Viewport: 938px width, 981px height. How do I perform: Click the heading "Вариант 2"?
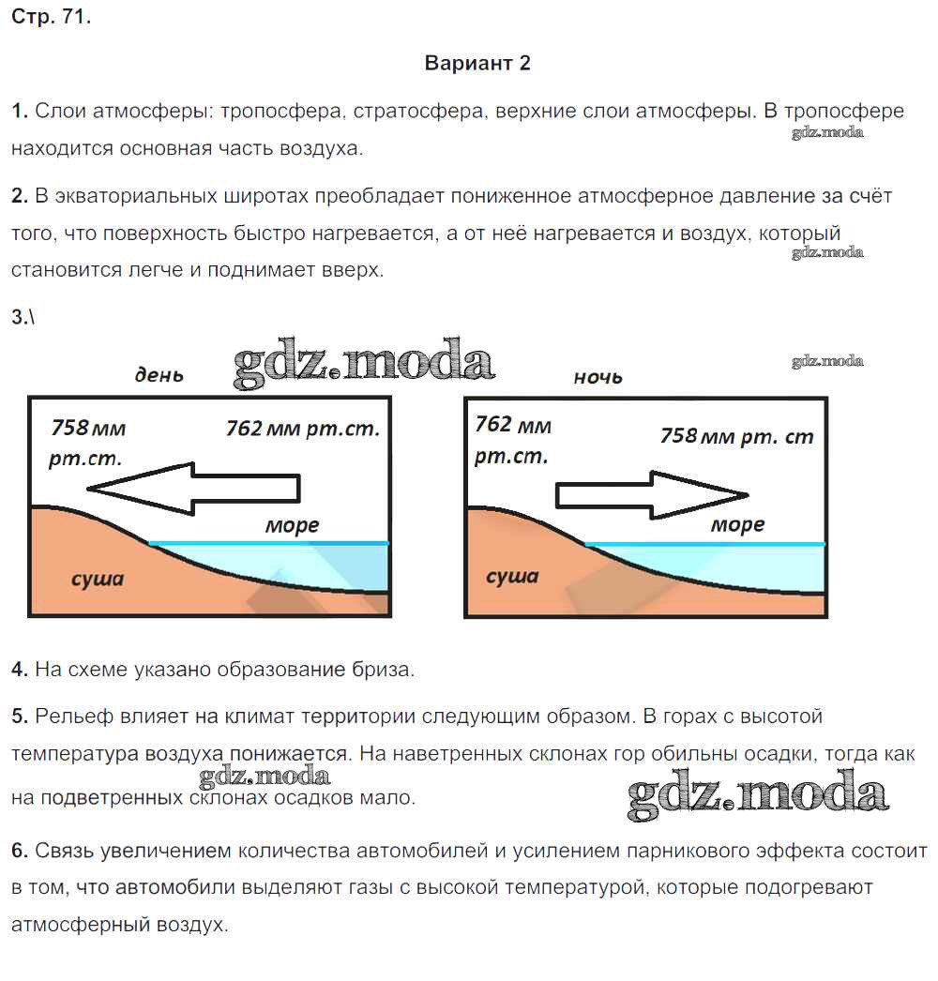(x=477, y=64)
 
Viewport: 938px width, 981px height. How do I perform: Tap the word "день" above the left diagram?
(x=159, y=375)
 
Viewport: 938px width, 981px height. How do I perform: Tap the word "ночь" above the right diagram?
(x=598, y=377)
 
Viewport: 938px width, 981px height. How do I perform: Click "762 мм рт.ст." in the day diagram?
(x=302, y=430)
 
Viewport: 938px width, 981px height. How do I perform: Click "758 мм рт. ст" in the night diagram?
(x=736, y=436)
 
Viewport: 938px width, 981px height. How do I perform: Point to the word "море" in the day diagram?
(x=292, y=526)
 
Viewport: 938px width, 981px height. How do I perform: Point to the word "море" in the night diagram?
(x=737, y=525)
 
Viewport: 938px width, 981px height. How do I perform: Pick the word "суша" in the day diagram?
(x=98, y=579)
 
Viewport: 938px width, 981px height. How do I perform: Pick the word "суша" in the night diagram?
(x=512, y=576)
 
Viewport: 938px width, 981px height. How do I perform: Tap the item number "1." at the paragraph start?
(x=20, y=112)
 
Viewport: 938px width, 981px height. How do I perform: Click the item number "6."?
(x=20, y=852)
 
